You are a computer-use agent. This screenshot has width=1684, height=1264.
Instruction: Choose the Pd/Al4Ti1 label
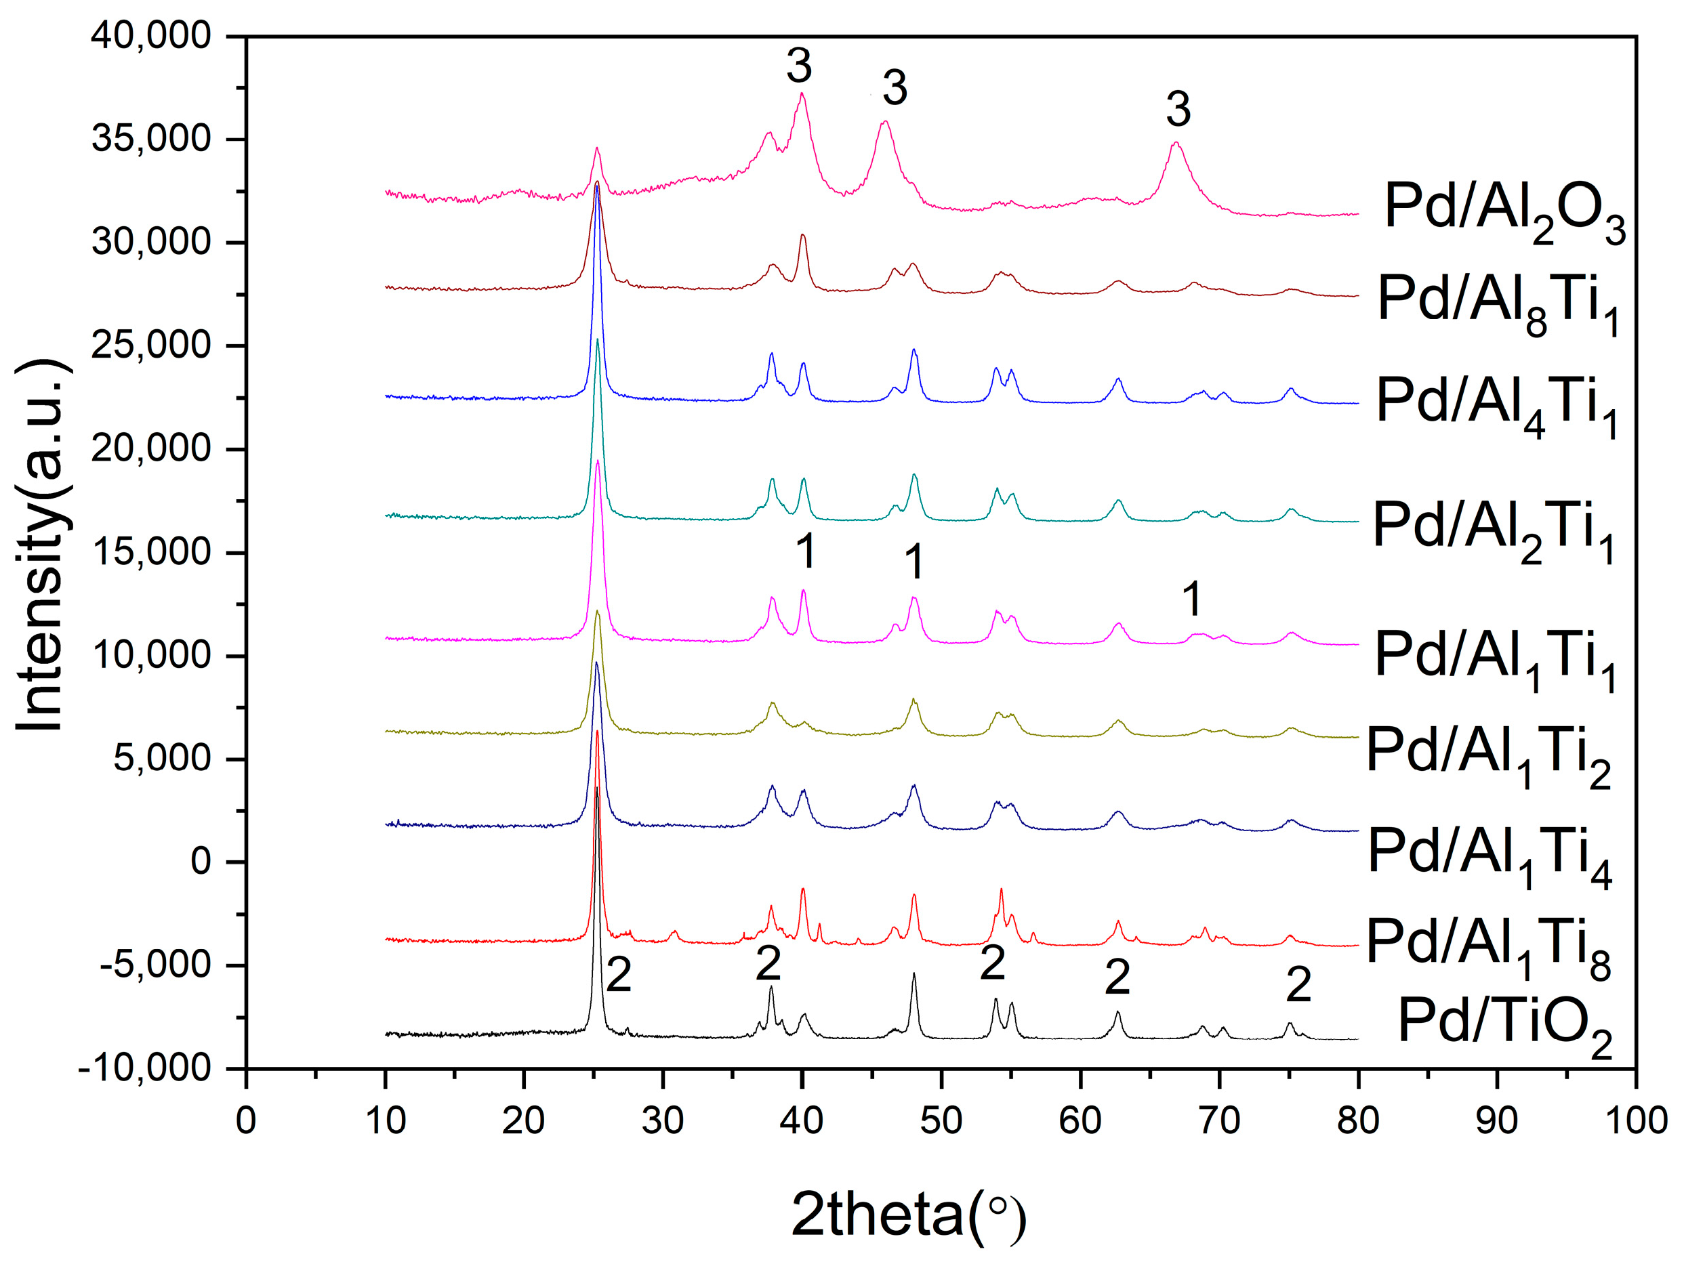point(1497,405)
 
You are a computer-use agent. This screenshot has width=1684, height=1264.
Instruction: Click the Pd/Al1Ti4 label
point(1489,856)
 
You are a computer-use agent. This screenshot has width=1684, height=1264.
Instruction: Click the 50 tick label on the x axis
point(941,1121)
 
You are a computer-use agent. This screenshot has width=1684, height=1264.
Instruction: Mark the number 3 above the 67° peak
point(1178,110)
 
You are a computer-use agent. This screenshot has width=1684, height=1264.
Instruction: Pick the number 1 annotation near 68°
point(1191,599)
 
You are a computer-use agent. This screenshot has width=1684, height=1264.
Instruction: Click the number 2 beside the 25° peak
point(618,975)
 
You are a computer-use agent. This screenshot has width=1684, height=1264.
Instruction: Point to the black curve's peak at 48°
point(913,975)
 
